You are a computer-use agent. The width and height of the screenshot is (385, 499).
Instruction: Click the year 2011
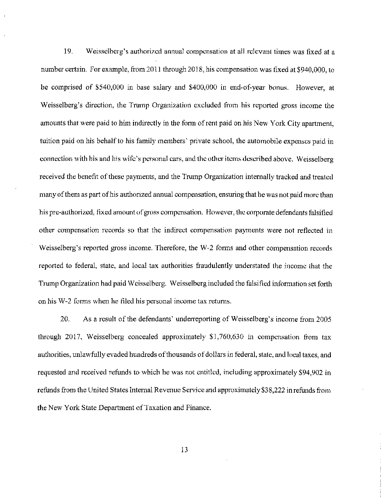click(x=142, y=70)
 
